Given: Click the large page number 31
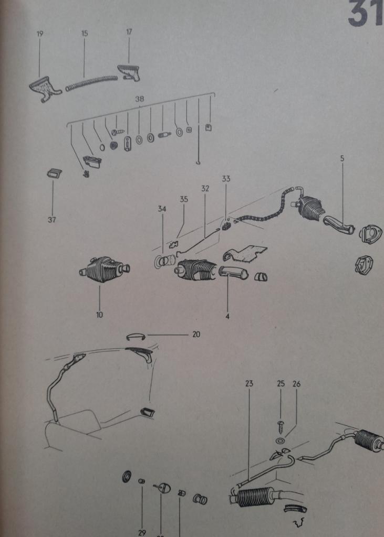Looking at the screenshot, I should point(366,15).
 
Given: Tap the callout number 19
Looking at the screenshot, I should point(40,34).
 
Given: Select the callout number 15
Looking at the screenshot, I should point(85,33).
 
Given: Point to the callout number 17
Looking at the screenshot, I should point(129,32).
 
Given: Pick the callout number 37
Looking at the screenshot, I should point(51,220).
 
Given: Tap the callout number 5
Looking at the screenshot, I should point(343,158).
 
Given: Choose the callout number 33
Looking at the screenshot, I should point(226,179).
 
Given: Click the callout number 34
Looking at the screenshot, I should point(162,209).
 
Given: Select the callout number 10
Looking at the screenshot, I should point(100,315).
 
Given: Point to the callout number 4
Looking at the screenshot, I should point(227,316).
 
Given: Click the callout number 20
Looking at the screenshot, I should point(196,334).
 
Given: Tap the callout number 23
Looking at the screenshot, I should point(249,383).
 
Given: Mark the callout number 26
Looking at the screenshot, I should point(296,383).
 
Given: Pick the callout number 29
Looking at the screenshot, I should point(142,532).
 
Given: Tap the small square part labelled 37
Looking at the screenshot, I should point(53,173).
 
